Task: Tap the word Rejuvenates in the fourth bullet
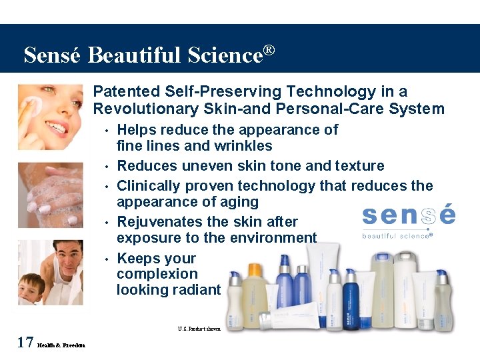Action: (159, 221)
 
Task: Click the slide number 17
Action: (25, 343)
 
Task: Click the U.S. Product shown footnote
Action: (199, 328)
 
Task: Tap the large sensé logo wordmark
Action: (408, 215)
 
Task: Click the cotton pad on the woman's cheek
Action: (31, 104)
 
